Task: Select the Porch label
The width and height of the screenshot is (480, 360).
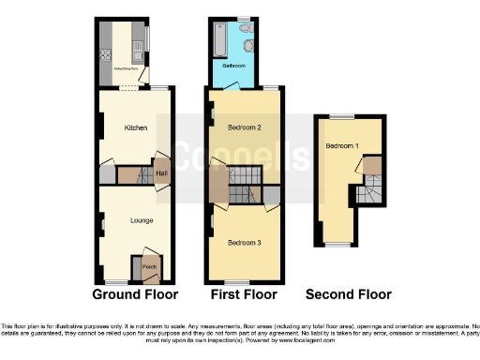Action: pyautogui.click(x=148, y=267)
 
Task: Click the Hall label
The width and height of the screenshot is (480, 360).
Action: pyautogui.click(x=160, y=173)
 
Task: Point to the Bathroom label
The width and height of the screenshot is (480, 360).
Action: pyautogui.click(x=233, y=67)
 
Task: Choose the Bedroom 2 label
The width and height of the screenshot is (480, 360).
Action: pyautogui.click(x=244, y=127)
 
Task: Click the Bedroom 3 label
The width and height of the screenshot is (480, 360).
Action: pyautogui.click(x=244, y=243)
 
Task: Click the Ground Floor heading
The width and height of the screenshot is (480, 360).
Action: pyautogui.click(x=135, y=294)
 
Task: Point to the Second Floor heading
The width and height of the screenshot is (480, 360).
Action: pyautogui.click(x=348, y=294)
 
